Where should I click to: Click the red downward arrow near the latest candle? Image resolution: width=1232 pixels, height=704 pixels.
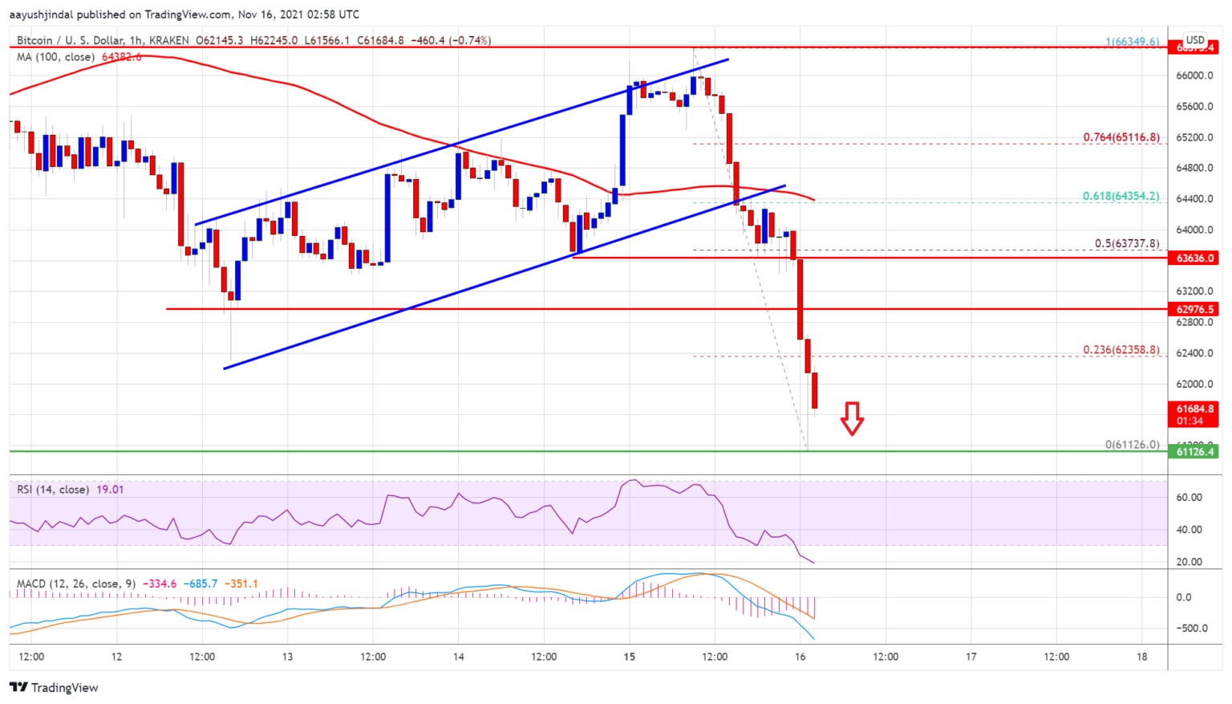pyautogui.click(x=852, y=418)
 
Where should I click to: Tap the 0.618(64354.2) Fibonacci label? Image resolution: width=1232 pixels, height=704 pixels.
pyautogui.click(x=1121, y=196)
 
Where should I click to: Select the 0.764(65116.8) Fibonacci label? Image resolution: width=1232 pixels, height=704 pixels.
pyautogui.click(x=1121, y=137)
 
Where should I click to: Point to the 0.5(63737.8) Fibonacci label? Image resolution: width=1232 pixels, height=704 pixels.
pyautogui.click(x=1127, y=244)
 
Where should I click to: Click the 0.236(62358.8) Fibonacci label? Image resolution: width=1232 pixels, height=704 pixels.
pyautogui.click(x=1121, y=350)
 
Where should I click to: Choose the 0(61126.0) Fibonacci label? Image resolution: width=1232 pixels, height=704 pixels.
pyautogui.click(x=1132, y=445)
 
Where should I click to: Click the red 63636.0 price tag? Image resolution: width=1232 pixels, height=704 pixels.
pyautogui.click(x=1195, y=258)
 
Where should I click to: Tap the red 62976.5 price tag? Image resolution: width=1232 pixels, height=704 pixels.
pyautogui.click(x=1195, y=309)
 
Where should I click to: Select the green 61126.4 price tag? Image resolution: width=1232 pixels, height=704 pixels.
pyautogui.click(x=1195, y=452)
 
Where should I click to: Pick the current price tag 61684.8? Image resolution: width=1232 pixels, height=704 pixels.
pyautogui.click(x=1195, y=409)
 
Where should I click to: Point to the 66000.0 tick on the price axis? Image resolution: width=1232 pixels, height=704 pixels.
pyautogui.click(x=1194, y=75)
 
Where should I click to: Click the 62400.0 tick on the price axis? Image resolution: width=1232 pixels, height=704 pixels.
pyautogui.click(x=1194, y=353)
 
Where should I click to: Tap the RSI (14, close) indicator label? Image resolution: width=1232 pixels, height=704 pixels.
pyautogui.click(x=53, y=490)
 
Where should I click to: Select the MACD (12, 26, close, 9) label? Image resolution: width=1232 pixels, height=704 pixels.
pyautogui.click(x=76, y=584)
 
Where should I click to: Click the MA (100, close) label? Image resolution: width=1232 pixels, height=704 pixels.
pyautogui.click(x=55, y=57)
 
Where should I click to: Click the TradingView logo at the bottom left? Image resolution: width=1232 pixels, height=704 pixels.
pyautogui.click(x=54, y=688)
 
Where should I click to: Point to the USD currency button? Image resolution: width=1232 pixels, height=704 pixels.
pyautogui.click(x=1195, y=40)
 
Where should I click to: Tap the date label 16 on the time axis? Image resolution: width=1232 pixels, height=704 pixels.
pyautogui.click(x=800, y=657)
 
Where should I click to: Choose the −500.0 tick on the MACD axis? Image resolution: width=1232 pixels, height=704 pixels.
pyautogui.click(x=1192, y=629)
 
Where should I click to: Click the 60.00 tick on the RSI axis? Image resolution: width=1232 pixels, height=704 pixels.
pyautogui.click(x=1189, y=498)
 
